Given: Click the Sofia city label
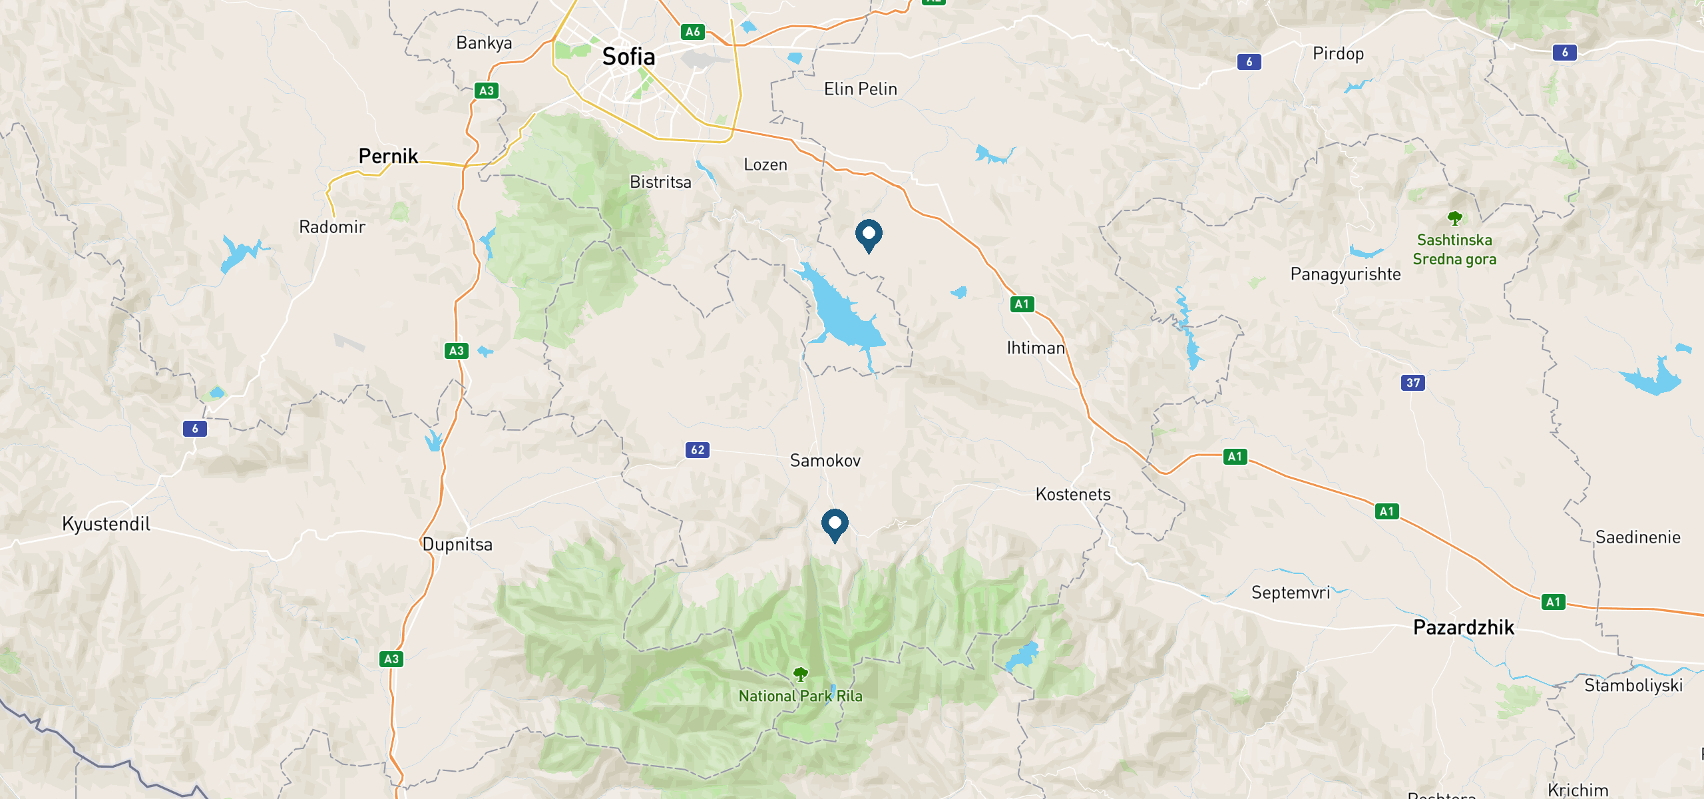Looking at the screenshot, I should click(628, 57).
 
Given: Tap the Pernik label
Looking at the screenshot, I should click(388, 156).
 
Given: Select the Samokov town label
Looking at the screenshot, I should click(825, 461).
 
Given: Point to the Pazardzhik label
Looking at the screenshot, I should click(1463, 627).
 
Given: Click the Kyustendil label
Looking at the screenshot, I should click(106, 524).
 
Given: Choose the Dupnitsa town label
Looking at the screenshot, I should click(457, 545).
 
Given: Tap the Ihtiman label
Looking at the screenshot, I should click(1036, 348).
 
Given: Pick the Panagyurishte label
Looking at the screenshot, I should click(1345, 274).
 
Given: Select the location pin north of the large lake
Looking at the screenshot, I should click(869, 235).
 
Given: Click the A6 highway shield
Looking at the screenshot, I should click(693, 32).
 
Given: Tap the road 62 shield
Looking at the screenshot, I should click(698, 450).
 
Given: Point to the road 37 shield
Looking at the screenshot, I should click(1413, 383).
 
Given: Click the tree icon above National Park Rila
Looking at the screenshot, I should click(801, 674).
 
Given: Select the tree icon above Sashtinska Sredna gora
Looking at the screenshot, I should click(1454, 218).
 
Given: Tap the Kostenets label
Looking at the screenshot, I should click(1073, 495).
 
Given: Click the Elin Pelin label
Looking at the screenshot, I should click(860, 89).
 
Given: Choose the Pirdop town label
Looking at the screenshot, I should click(1338, 54).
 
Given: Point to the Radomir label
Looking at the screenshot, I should click(332, 227).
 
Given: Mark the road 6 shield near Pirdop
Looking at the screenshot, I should click(1249, 62).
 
